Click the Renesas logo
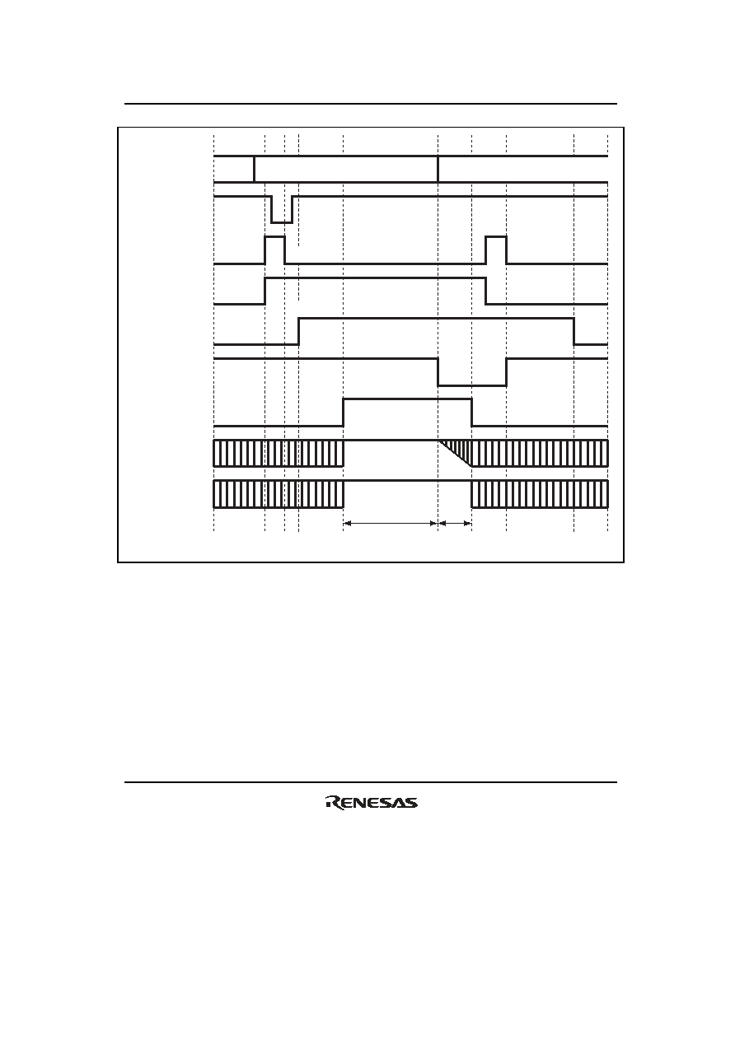point(372,802)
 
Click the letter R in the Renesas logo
point(334,802)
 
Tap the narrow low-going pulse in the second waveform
point(282,209)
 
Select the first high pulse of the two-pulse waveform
point(274,250)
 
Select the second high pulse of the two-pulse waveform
point(496,250)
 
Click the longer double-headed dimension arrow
point(391,523)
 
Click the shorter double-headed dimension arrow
point(455,523)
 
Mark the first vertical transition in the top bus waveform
point(254,169)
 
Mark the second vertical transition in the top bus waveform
point(438,169)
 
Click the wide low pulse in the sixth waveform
point(472,372)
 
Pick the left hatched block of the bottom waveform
point(279,494)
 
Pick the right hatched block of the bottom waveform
point(540,494)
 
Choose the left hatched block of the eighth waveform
point(279,453)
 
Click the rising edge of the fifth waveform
point(298,332)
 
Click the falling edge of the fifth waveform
point(574,332)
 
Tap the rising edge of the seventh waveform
point(344,413)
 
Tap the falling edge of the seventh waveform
point(471,413)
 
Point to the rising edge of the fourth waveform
point(265,291)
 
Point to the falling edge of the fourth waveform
point(486,291)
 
